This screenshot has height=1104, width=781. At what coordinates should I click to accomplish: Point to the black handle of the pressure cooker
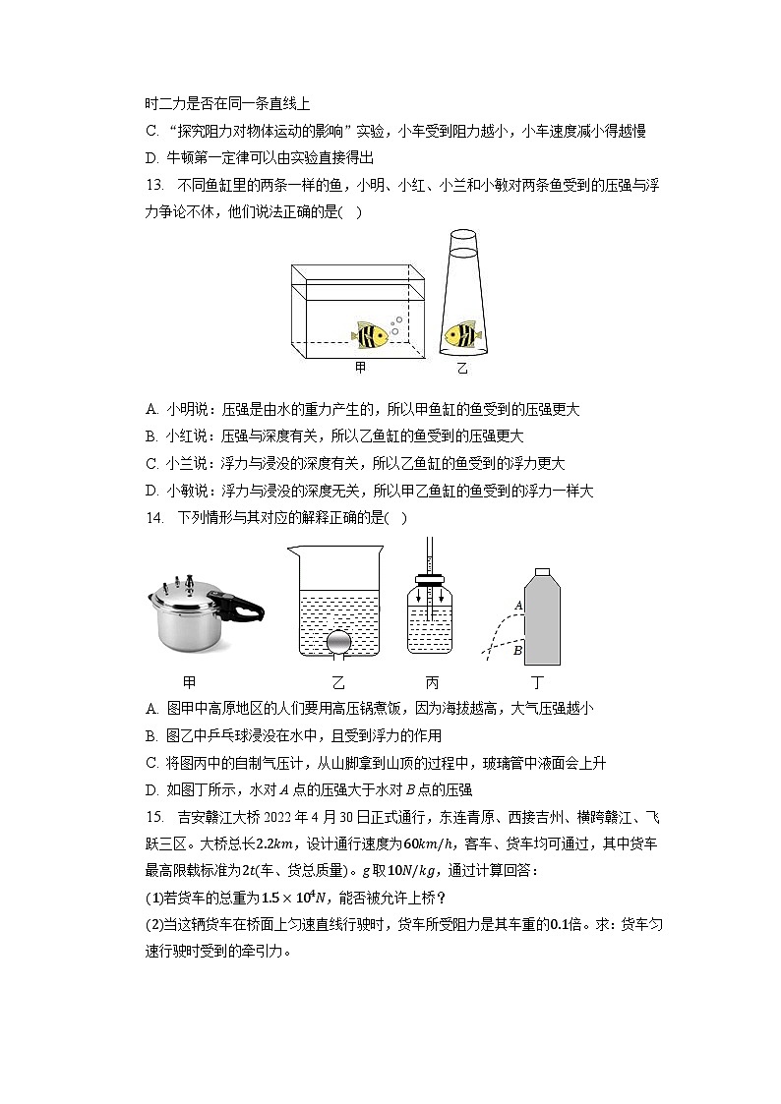coord(247,606)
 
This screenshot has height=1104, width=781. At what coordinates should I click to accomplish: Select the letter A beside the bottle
coord(518,606)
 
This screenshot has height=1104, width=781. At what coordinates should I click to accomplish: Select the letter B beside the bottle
coord(517,650)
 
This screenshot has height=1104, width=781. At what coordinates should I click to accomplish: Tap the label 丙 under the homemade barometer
coord(433,683)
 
